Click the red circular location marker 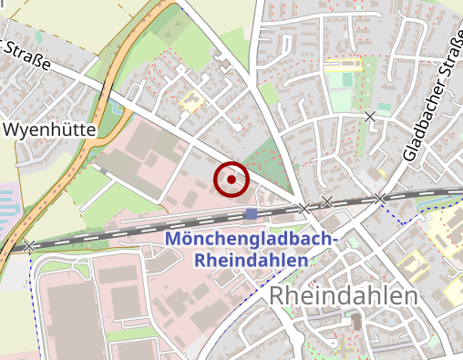pos(231,180)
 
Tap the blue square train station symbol pos(251,213)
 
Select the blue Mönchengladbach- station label pos(252,240)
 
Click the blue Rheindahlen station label pos(252,260)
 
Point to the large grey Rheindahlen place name pos(344,296)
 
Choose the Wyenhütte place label pos(49,130)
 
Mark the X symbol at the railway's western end pos(30,246)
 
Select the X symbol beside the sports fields pos(370,116)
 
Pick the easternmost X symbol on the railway pos(380,198)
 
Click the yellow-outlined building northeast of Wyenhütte pos(190,101)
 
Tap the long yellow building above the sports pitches pos(343,65)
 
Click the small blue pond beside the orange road pos(115,108)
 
